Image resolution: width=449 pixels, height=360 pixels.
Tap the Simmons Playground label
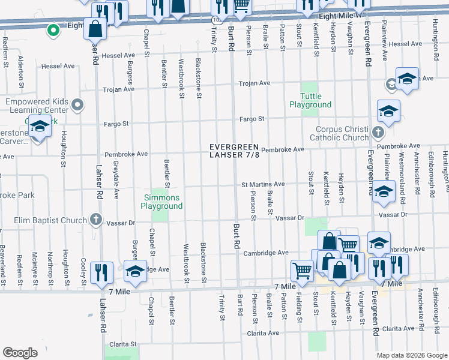(x=161, y=202)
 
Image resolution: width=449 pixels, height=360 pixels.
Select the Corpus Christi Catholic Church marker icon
(x=378, y=132)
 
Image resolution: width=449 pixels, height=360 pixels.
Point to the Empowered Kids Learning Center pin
(x=77, y=106)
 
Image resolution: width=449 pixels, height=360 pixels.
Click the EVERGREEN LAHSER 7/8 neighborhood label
(x=234, y=152)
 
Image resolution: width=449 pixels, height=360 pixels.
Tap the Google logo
(x=20, y=353)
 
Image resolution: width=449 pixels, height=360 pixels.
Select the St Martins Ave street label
(x=263, y=184)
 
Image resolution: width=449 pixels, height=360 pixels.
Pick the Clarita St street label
(x=121, y=344)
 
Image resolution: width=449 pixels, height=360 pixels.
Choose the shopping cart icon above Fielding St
(x=301, y=270)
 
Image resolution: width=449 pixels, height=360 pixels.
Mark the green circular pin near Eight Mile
(x=53, y=28)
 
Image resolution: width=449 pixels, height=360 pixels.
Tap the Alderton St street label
(x=21, y=71)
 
